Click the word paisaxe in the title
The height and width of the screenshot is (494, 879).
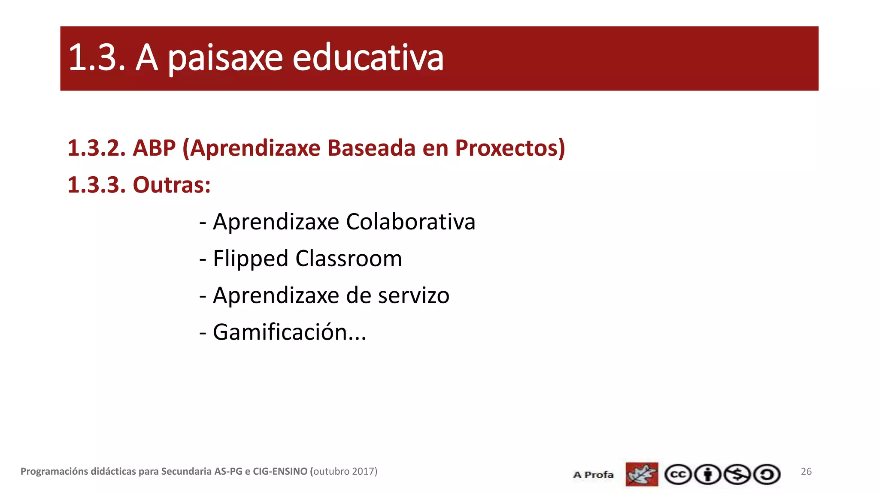(x=225, y=58)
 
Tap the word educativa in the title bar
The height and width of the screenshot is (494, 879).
(x=368, y=58)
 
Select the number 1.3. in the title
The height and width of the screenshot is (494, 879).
(x=97, y=58)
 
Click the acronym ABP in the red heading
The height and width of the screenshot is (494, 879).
(x=154, y=148)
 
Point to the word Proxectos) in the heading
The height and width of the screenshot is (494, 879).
(x=510, y=148)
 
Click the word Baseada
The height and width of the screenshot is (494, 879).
(x=371, y=148)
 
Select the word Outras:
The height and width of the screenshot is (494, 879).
(x=172, y=185)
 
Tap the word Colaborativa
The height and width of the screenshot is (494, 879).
(x=410, y=222)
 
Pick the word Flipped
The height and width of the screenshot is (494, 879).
(x=250, y=259)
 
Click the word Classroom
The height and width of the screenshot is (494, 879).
(x=349, y=259)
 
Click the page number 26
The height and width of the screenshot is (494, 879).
(x=806, y=471)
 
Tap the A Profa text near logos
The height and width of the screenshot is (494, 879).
(x=593, y=475)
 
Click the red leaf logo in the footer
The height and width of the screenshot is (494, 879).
(x=642, y=474)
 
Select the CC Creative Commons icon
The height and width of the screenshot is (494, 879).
(x=678, y=475)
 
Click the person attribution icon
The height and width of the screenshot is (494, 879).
(x=707, y=475)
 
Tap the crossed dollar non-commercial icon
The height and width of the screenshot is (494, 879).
(x=737, y=475)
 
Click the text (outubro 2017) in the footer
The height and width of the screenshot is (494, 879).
(x=344, y=471)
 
